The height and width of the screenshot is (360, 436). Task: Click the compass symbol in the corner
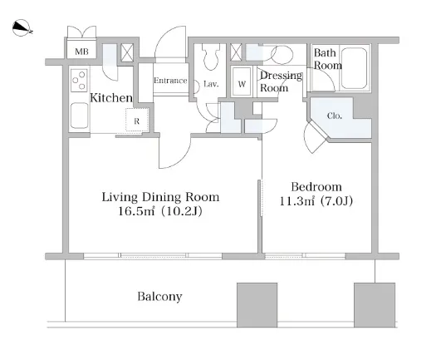[x=22, y=27]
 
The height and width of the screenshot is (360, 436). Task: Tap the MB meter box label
[x=81, y=52]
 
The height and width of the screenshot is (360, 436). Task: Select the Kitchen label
[x=111, y=98]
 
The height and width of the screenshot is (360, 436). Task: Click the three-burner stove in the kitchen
[x=79, y=80]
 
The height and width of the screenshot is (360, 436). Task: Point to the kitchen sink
[x=80, y=116]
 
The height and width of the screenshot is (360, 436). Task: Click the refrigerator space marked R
[x=136, y=120]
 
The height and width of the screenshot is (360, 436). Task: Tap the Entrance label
[x=170, y=81]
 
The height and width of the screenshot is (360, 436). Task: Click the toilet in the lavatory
[x=210, y=57]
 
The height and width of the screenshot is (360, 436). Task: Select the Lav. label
[x=211, y=83]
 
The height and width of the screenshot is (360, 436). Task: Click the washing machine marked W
[x=242, y=81]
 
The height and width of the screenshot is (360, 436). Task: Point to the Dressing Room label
[x=281, y=81]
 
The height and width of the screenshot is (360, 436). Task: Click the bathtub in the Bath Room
[x=354, y=68]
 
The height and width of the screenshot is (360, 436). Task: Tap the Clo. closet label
[x=335, y=116]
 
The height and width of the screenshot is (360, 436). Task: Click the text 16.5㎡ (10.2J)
[x=160, y=211]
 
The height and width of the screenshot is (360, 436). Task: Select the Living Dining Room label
[x=160, y=197]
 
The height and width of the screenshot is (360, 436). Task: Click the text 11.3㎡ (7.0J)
[x=316, y=200]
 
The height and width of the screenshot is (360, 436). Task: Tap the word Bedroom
[x=316, y=186]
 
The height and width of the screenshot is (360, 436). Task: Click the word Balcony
[x=160, y=297]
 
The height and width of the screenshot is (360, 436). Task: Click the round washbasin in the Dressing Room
[x=282, y=55]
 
